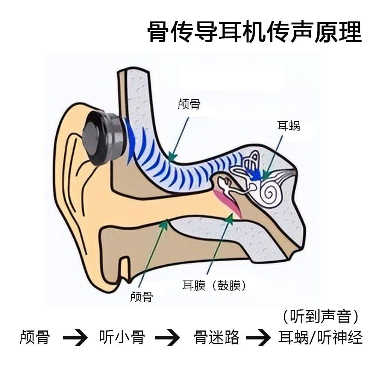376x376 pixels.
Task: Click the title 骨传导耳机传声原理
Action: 254,32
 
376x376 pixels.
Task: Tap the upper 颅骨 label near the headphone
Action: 189,104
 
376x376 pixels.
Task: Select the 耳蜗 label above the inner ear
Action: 288,126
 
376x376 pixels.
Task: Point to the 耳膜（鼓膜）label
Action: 214,285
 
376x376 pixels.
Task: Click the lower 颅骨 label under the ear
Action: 141,297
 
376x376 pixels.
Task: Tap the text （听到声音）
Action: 320,317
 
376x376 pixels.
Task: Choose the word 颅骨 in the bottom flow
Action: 35,337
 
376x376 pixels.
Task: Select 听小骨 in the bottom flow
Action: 122,337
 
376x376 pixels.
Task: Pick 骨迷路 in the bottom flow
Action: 217,337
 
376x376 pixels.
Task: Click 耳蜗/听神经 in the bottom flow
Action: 320,337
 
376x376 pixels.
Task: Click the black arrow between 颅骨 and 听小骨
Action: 75,337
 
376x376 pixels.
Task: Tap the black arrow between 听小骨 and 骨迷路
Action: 168,337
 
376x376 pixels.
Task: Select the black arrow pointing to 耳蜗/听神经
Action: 258,337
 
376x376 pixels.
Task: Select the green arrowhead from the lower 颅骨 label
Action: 164,224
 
